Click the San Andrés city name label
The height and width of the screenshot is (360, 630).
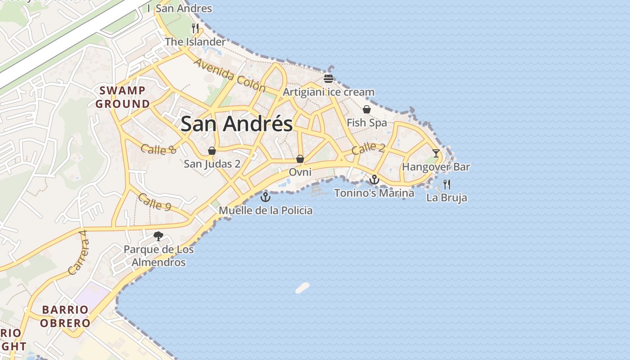pos(237,124)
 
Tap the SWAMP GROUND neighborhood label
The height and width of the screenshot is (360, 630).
pos(122,97)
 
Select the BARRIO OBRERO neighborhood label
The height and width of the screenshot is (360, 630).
pos(65,316)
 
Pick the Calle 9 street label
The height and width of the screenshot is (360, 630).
pos(154,202)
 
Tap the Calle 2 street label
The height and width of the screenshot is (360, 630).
pos(368,148)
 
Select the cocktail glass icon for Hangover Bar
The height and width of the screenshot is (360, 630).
pos(436,153)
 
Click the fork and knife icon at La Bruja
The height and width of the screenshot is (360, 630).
pos(446,184)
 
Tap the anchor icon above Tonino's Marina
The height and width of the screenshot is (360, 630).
pos(374,180)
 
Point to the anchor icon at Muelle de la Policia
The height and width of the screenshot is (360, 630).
pos(265,197)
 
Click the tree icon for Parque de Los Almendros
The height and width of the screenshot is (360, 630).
pos(158,236)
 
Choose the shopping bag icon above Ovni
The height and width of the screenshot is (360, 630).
pos(300,159)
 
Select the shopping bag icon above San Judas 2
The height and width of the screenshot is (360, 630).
pos(211,151)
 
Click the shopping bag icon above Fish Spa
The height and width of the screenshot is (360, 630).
pos(367,109)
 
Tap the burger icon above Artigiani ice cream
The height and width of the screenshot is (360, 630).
pos(328,79)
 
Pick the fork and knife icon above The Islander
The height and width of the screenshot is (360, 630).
pos(195,28)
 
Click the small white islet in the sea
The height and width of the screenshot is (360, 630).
pos(302,288)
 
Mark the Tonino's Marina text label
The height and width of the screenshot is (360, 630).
pos(374,193)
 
